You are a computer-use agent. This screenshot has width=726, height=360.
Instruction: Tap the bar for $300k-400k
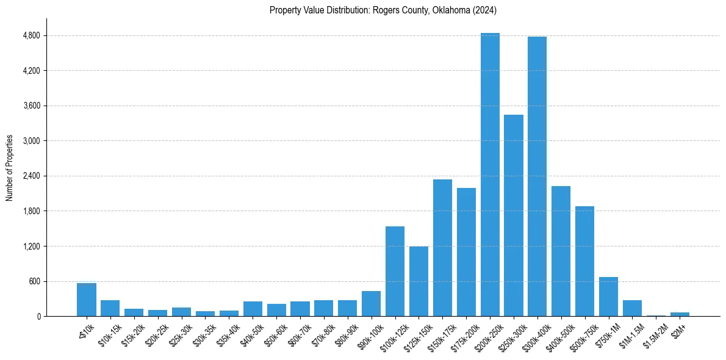pyautogui.click(x=537, y=176)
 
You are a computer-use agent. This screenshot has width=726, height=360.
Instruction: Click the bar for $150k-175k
pyautogui.click(x=442, y=248)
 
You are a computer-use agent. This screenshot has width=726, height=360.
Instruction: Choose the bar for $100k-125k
pyautogui.click(x=395, y=272)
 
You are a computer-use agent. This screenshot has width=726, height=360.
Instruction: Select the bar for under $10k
pyautogui.click(x=87, y=300)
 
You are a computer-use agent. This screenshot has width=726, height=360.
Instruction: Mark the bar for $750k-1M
pyautogui.click(x=608, y=297)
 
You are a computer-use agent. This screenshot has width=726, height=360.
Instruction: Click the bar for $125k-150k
pyautogui.click(x=419, y=281)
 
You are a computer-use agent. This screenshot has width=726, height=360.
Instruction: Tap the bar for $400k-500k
pyautogui.click(x=561, y=251)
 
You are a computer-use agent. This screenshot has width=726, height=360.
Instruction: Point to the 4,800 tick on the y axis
pyautogui.click(x=31, y=35)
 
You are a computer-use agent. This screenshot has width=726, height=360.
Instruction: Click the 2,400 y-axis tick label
pyautogui.click(x=31, y=176)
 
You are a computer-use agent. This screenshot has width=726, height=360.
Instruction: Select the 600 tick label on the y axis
pyautogui.click(x=34, y=281)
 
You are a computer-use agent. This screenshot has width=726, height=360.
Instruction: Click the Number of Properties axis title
pyautogui.click(x=10, y=168)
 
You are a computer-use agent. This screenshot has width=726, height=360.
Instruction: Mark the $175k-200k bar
pyautogui.click(x=466, y=252)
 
